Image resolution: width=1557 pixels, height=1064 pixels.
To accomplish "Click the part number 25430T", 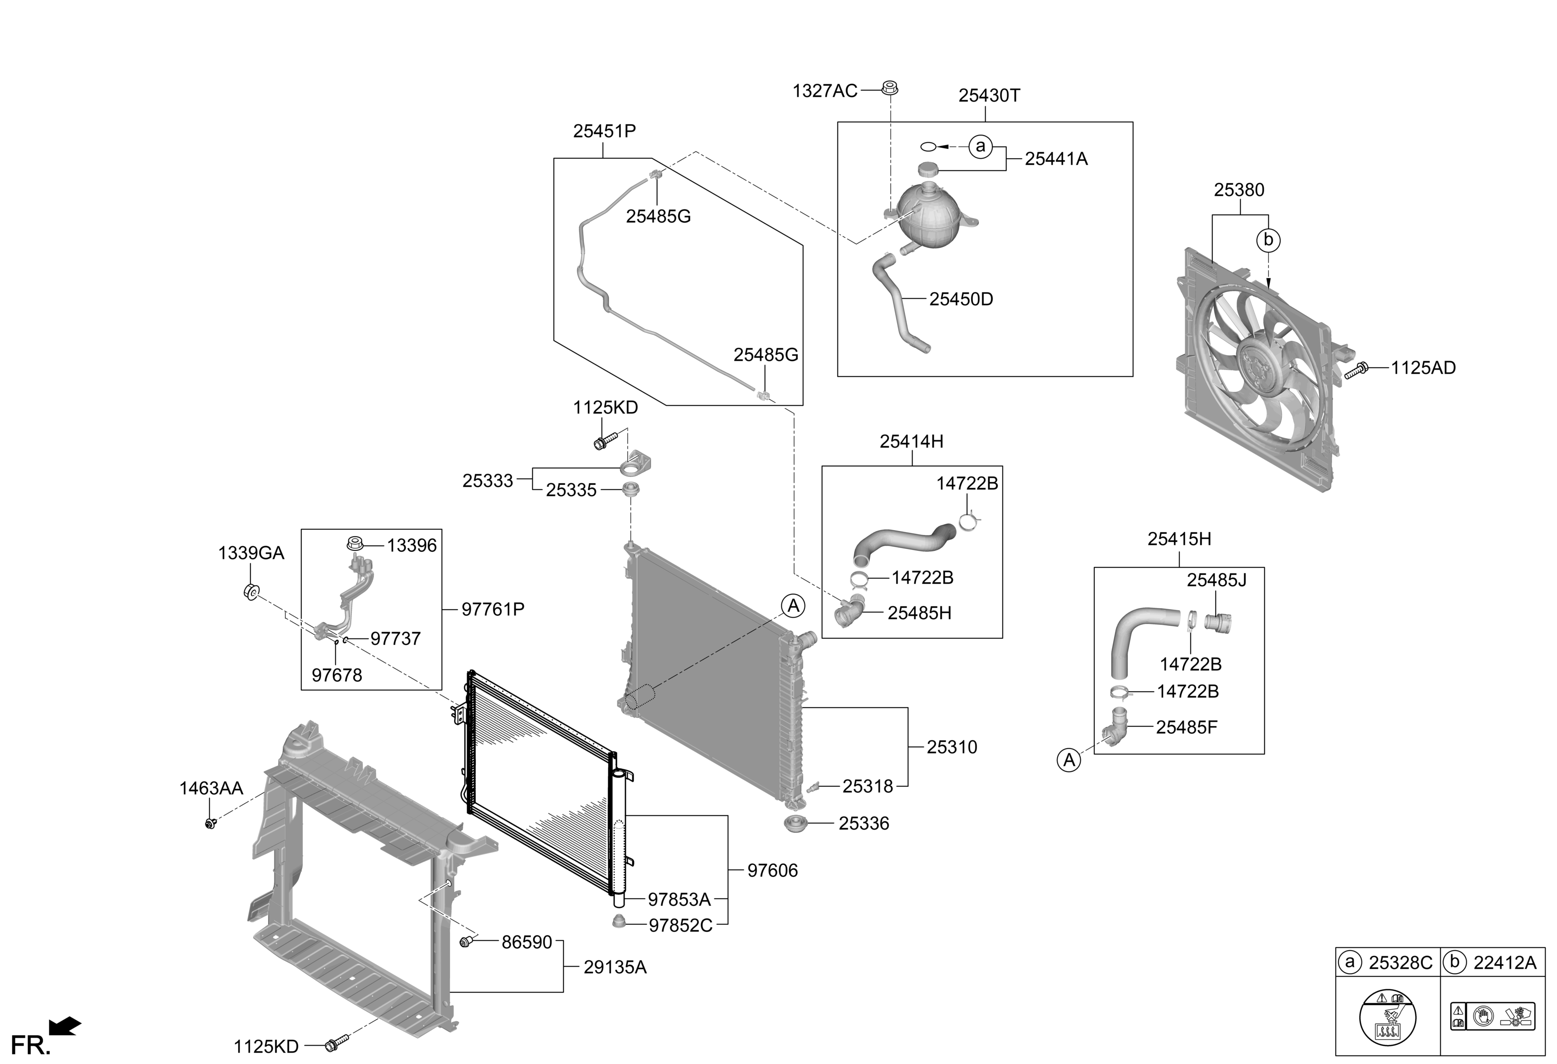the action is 989,96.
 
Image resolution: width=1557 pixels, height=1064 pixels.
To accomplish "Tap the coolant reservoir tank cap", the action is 928,169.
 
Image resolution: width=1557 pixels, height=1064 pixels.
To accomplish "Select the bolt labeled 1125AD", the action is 1356,370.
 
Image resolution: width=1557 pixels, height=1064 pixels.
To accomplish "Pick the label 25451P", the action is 604,131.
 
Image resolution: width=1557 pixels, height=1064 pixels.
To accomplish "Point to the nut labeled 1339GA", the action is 250,592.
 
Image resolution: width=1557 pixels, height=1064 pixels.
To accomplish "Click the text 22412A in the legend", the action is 1505,963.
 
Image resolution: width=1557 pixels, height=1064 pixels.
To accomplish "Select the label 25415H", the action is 1179,539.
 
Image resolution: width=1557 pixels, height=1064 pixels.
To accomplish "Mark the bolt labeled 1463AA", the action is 210,822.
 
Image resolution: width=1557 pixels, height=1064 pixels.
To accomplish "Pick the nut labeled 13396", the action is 355,543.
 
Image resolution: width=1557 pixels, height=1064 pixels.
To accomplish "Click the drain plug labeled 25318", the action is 814,786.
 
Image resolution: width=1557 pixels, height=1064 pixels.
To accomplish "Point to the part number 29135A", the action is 615,967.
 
